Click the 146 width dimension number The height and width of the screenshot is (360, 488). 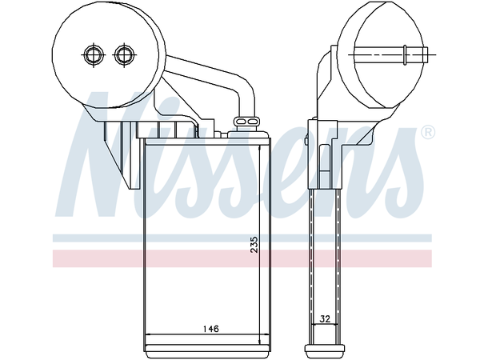pos(210,329)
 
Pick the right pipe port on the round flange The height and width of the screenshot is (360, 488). pos(123,54)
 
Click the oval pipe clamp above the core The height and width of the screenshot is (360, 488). pos(245,122)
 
